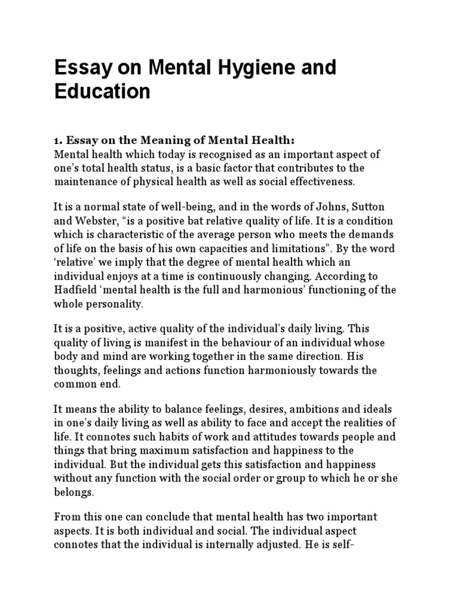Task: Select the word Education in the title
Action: (x=102, y=92)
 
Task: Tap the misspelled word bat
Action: (x=186, y=221)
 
